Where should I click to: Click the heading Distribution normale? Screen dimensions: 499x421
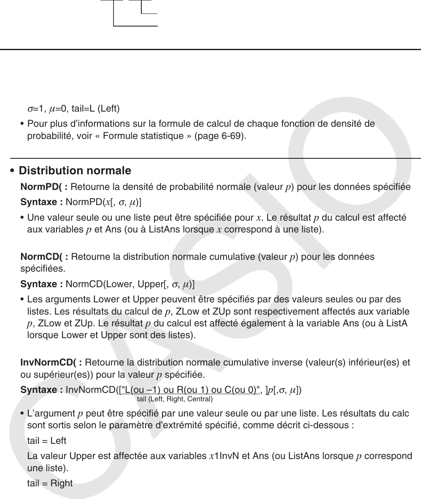point(75,171)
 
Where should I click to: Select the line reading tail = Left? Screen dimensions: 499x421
point(46,441)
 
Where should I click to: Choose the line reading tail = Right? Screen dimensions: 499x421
point(50,483)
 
